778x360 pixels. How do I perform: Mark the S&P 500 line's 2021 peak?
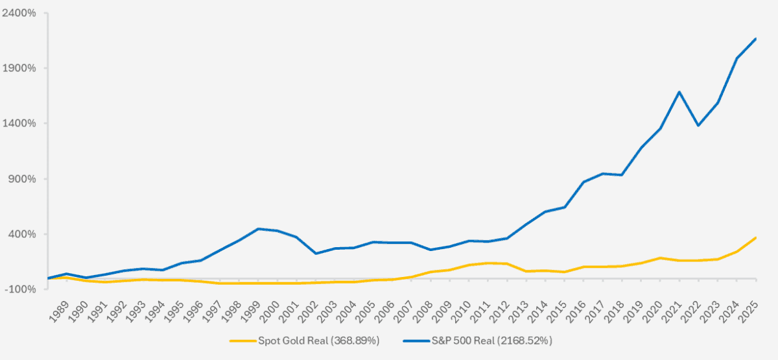tap(679, 92)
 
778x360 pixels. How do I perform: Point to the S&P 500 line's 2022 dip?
tap(698, 125)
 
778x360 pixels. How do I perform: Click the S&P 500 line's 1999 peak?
tap(258, 228)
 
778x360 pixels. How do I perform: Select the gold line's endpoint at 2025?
tap(756, 237)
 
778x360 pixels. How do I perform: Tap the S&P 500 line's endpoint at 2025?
tap(756, 39)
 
